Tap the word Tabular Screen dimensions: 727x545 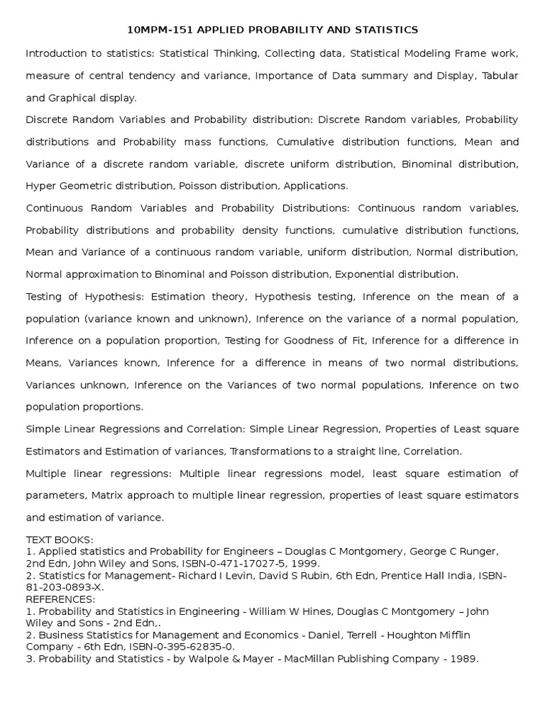500,76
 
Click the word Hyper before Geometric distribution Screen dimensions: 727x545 41,186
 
